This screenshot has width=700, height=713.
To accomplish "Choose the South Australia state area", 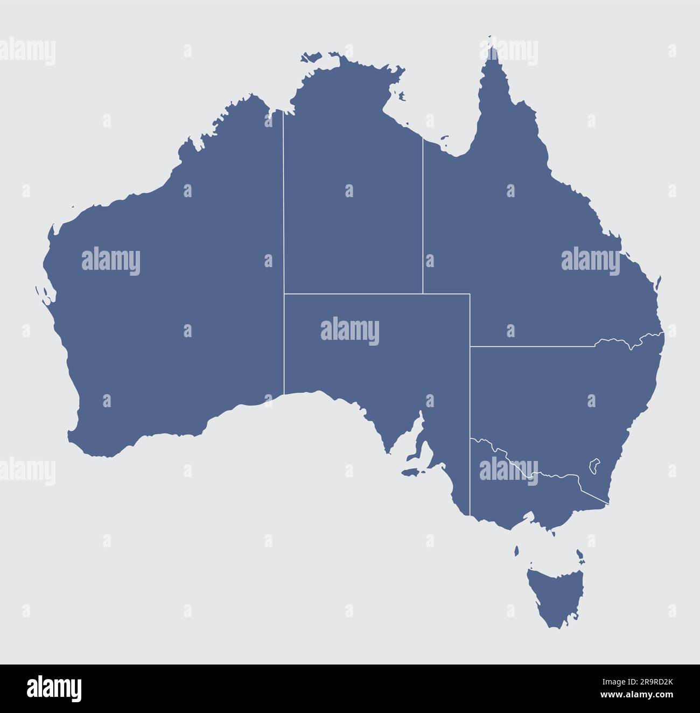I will (x=377, y=366).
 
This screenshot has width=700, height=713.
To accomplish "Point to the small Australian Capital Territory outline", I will (x=595, y=465).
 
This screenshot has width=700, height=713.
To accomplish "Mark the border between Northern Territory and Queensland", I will (x=423, y=215).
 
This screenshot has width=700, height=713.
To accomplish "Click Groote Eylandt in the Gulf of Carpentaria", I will (x=401, y=97).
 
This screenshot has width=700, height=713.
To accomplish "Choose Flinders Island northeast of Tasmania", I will (x=579, y=555).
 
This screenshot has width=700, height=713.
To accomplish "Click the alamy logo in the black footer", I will (x=54, y=689).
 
